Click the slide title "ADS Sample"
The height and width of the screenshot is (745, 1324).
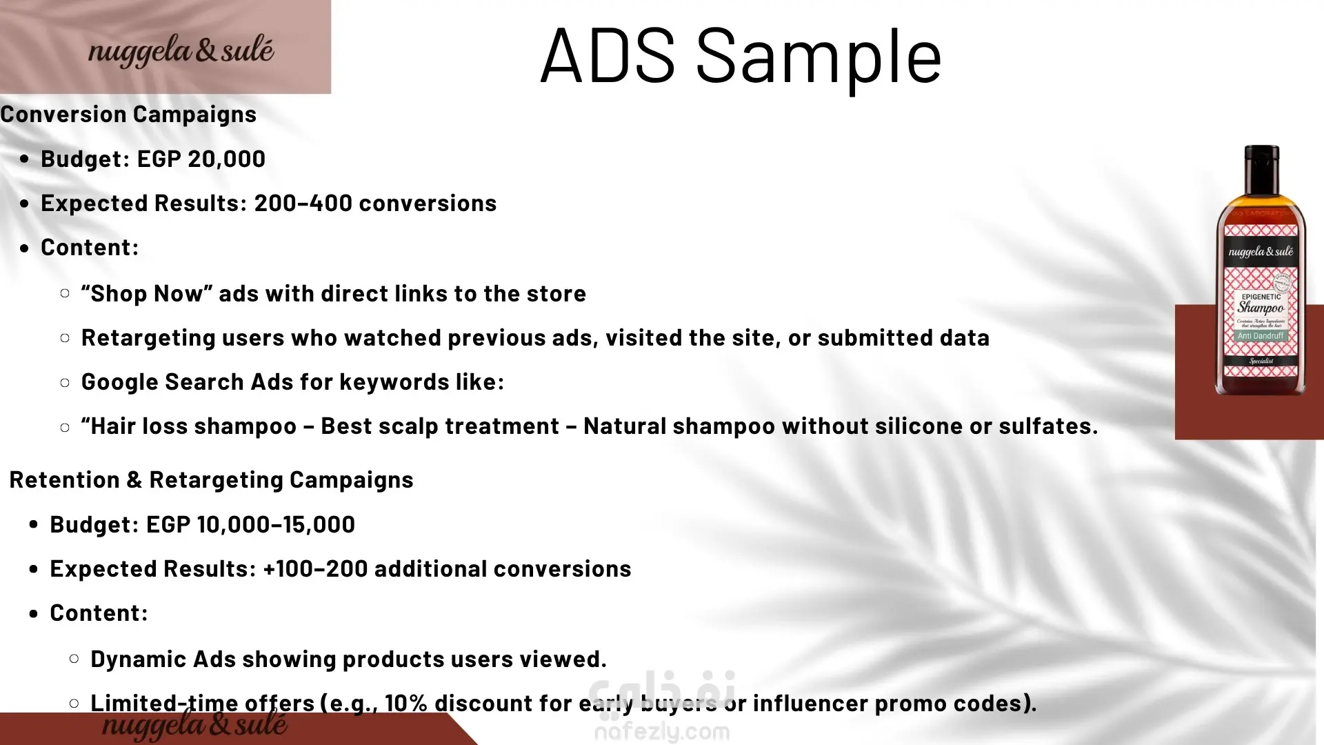pyautogui.click(x=741, y=56)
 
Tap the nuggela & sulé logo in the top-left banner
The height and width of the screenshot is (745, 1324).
pyautogui.click(x=181, y=51)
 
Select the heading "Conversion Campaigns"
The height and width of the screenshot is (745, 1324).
pyautogui.click(x=128, y=115)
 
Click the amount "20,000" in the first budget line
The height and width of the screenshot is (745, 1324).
pyautogui.click(x=226, y=159)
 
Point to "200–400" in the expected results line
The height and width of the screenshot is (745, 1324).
pyautogui.click(x=303, y=203)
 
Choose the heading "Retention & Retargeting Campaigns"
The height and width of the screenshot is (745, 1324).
pyautogui.click(x=211, y=480)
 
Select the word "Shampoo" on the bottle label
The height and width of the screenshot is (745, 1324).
pyautogui.click(x=1261, y=308)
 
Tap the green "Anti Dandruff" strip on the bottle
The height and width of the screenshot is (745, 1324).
pyautogui.click(x=1260, y=336)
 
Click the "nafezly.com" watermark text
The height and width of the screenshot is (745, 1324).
pyautogui.click(x=662, y=731)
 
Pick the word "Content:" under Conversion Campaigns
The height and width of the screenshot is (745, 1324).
pyautogui.click(x=90, y=248)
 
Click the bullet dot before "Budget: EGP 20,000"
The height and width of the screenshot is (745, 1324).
pyautogui.click(x=25, y=159)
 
